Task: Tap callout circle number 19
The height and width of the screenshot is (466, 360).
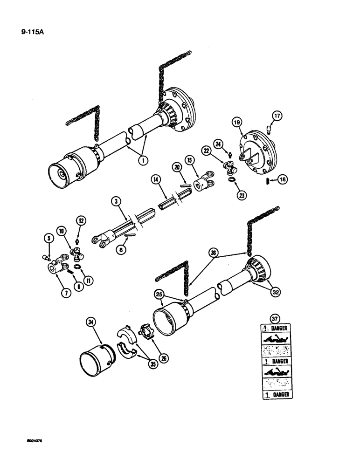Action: click(x=237, y=123)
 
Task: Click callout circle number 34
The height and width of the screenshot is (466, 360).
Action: click(x=91, y=322)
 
